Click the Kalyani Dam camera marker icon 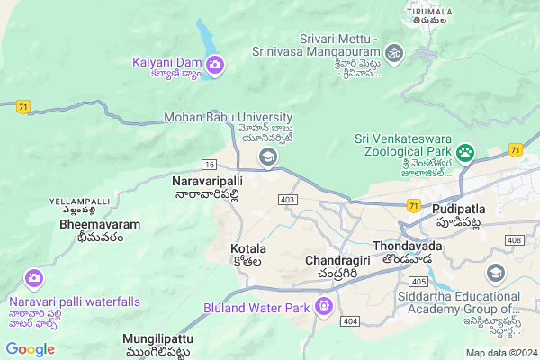click(x=215, y=64)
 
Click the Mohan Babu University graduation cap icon click(x=267, y=158)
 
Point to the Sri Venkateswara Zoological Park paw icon click(x=465, y=151)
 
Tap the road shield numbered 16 click(x=209, y=165)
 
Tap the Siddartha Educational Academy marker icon click(x=494, y=272)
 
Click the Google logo click(x=30, y=348)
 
